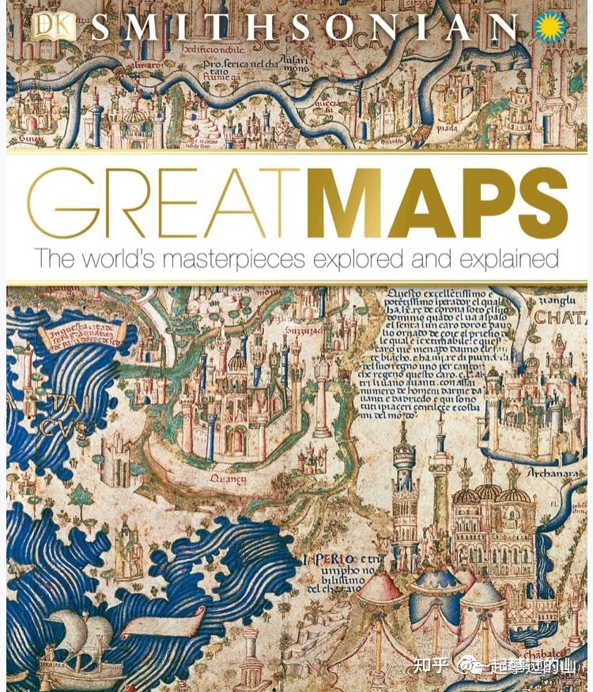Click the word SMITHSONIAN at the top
pyautogui.click(x=304, y=28)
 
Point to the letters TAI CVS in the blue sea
pyautogui.click(x=65, y=416)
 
